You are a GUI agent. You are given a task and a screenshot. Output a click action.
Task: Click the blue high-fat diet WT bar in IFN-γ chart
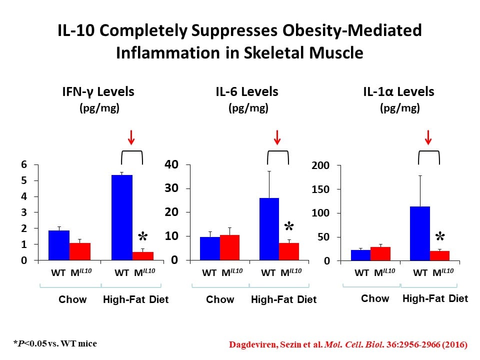(x=122, y=217)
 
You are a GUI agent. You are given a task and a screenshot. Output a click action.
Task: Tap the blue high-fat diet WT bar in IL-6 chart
(x=268, y=229)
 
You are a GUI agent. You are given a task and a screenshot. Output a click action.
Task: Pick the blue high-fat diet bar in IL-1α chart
(x=419, y=233)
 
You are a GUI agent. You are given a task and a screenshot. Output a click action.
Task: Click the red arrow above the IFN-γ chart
(x=131, y=136)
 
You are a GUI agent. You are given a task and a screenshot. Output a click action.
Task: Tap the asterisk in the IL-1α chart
(x=439, y=237)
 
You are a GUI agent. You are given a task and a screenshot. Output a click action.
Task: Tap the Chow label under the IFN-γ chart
(x=72, y=299)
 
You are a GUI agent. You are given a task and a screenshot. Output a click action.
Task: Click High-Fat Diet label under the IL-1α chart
(x=435, y=298)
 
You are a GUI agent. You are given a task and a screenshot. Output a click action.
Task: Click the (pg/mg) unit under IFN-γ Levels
(x=98, y=108)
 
